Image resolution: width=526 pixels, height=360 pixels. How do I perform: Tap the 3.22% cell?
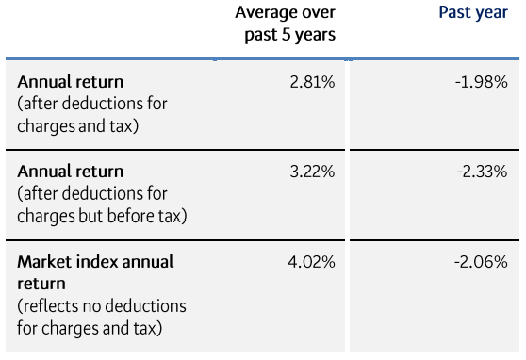click(x=312, y=172)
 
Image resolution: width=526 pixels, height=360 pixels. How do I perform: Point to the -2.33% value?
click(x=481, y=172)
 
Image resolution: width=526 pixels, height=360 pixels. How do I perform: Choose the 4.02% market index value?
click(x=311, y=261)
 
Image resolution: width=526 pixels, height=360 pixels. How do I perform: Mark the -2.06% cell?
click(x=481, y=261)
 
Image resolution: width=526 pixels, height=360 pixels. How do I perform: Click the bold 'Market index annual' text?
click(x=96, y=261)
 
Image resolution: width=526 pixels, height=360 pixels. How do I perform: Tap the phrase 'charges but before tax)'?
click(x=102, y=216)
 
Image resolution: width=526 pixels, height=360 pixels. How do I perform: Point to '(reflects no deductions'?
click(x=102, y=306)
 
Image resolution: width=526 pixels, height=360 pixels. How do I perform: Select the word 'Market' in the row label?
click(x=43, y=261)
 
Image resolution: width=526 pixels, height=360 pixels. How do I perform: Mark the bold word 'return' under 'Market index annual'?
click(x=41, y=283)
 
